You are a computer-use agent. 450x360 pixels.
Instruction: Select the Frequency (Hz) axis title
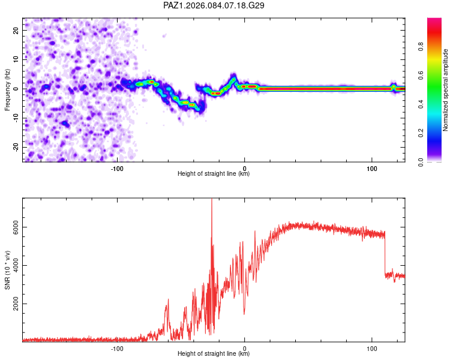[x=7, y=89]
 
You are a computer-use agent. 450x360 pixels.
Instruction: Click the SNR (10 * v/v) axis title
[x=7, y=270]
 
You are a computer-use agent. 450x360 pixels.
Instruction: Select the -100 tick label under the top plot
[x=117, y=167]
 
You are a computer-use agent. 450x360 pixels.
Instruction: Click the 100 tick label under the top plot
[x=371, y=167]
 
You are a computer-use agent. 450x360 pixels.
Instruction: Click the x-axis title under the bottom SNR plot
[x=214, y=354]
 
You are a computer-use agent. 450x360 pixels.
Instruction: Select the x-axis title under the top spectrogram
[x=214, y=174]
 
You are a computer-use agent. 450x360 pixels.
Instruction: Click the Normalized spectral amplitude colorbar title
[x=445, y=90]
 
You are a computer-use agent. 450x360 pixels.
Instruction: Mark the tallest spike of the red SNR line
[x=211, y=202]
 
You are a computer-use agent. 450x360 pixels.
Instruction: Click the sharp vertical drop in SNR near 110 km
[x=385, y=255]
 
